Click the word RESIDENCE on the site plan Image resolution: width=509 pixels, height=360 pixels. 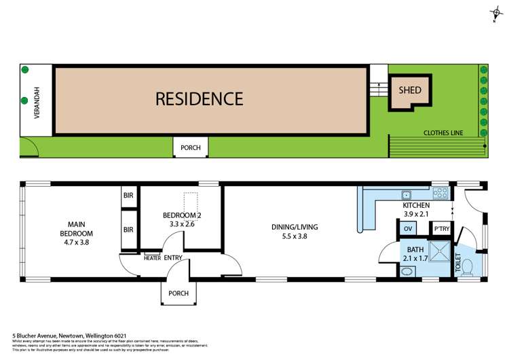click(199, 99)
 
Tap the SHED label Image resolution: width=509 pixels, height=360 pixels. click(409, 90)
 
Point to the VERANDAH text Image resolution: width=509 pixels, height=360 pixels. click(37, 101)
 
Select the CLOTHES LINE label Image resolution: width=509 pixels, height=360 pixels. click(443, 133)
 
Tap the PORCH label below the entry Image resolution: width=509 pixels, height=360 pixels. click(178, 294)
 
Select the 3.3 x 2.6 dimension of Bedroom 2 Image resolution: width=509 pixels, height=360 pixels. click(183, 223)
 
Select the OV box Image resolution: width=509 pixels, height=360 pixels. click(407, 229)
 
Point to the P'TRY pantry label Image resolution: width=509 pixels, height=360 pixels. click(442, 229)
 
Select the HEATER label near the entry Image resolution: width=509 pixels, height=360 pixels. click(152, 257)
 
